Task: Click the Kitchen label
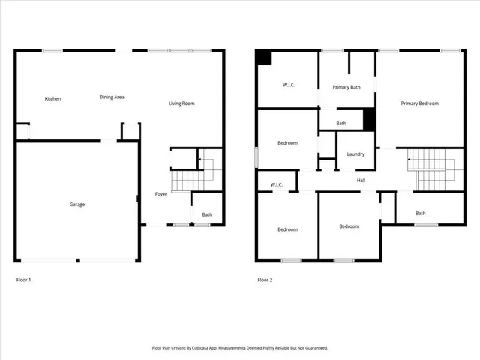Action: (52, 99)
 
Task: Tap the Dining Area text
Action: (112, 97)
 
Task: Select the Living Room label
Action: (181, 103)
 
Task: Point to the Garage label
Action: (77, 205)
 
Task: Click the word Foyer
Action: (160, 194)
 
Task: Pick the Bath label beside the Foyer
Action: (206, 215)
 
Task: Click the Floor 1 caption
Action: (24, 280)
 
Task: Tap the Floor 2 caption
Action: (265, 280)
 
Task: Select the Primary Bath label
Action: (347, 87)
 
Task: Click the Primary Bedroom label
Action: (419, 103)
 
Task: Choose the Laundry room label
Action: (355, 154)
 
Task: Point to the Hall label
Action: (361, 180)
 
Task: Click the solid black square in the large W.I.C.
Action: (263, 58)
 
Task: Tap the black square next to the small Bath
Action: (368, 119)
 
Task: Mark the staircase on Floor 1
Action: (184, 180)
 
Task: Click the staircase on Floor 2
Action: (430, 169)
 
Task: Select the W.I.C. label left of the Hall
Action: (275, 184)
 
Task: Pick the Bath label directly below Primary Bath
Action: (341, 124)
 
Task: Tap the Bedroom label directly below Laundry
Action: (349, 226)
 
